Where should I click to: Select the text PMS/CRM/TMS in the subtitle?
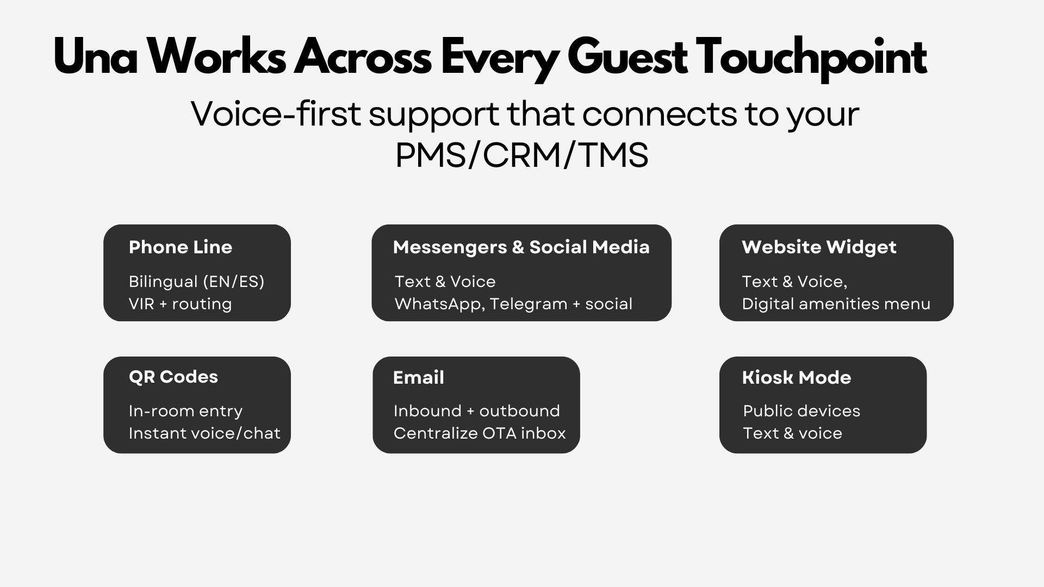[522, 155]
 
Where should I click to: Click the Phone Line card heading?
[181, 247]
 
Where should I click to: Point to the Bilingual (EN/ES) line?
[197, 282]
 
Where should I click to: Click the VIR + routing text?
[181, 304]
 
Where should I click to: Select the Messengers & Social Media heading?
[521, 247]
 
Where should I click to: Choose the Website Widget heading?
[819, 247]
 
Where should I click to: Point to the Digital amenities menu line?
[836, 304]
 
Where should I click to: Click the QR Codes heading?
[173, 377]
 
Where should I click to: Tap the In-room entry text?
[185, 411]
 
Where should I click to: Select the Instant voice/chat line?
[204, 433]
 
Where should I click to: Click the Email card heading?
[419, 378]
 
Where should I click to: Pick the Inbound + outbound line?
[477, 411]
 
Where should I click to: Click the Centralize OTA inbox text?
[480, 433]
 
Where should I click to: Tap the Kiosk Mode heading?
[797, 378]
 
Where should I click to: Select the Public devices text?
[801, 411]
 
